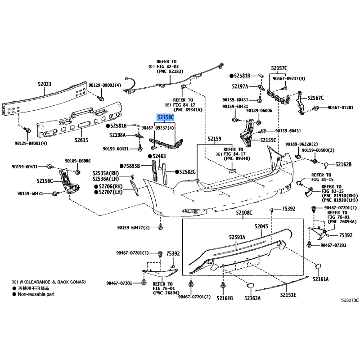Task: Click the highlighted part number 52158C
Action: point(165,117)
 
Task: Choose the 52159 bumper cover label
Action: point(214,139)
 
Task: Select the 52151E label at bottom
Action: point(288,295)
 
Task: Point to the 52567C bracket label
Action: point(315,98)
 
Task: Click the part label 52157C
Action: point(279,68)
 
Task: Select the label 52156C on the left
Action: point(45,181)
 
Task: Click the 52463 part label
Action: point(159,157)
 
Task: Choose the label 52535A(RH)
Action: point(106,172)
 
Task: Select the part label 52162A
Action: point(253,297)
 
